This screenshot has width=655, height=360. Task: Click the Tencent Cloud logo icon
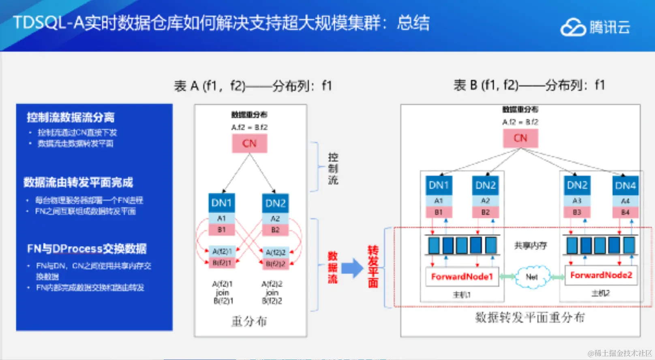pos(573,28)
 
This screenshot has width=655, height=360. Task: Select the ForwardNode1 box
pos(462,276)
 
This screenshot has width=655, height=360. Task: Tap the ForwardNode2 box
pos(601,275)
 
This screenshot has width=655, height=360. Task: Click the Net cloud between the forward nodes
pos(532,277)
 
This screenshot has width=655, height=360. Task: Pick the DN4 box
pos(625,186)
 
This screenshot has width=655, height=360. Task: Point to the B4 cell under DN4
pos(625,212)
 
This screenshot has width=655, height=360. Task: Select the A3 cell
pos(577,201)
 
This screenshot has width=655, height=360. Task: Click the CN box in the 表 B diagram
pos(520,138)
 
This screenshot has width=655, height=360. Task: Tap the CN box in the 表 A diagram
pos(249,144)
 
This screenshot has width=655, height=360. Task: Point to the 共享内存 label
pos(531,246)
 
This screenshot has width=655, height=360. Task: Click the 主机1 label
pos(462,295)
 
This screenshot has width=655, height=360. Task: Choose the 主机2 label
pos(600,293)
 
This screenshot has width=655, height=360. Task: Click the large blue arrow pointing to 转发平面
pos(352,268)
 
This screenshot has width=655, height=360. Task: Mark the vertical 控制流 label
pos(333,169)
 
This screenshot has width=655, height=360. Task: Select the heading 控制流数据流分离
pos(71,118)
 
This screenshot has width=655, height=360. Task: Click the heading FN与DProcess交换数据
pos(87,249)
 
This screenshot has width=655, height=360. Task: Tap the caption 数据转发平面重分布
pos(530,317)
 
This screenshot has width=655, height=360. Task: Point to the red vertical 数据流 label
pos(333,267)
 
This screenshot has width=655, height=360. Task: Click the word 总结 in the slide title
pos(413,23)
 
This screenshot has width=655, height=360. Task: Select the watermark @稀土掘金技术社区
pos(620,353)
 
